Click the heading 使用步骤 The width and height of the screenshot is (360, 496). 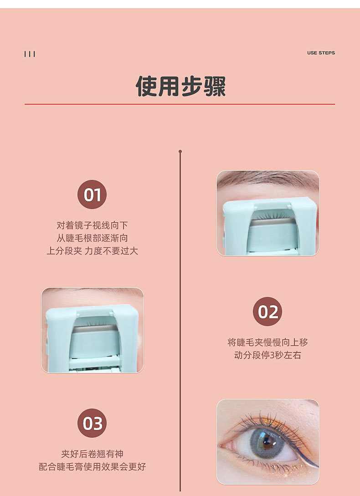(180, 86)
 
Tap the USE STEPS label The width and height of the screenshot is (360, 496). (321, 53)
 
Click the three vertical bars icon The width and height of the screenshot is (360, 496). (30, 54)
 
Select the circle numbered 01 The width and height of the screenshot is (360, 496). (92, 194)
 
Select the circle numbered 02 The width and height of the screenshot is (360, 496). (267, 312)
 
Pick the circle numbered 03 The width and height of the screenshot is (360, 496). (92, 423)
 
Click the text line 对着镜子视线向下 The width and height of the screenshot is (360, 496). (92, 225)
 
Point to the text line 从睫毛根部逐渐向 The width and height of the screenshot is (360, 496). (92, 238)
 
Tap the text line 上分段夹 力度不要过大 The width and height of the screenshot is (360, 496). (92, 251)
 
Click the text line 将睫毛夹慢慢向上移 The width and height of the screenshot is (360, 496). (267, 342)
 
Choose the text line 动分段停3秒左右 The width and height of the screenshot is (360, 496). (267, 355)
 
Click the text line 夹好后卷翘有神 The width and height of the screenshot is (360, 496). (92, 454)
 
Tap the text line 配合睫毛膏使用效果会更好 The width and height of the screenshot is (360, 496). (92, 466)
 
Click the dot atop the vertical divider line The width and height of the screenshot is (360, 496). (180, 152)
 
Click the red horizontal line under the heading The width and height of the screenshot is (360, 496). (180, 104)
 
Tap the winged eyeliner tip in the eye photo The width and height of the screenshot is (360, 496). (317, 466)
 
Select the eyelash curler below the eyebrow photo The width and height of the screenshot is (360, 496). (269, 226)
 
